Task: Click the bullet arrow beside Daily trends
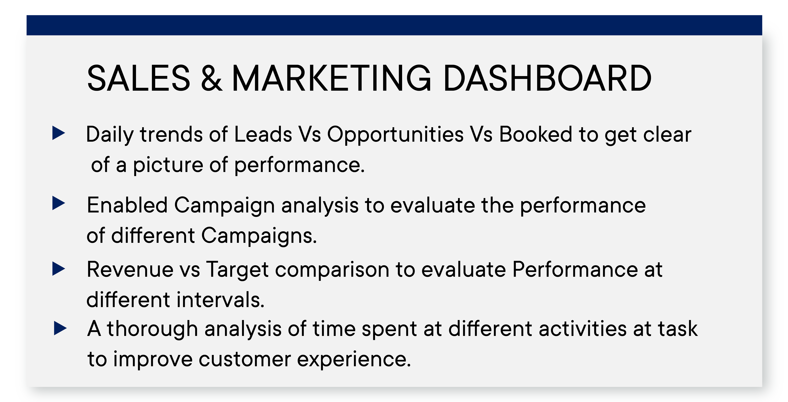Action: click(x=59, y=133)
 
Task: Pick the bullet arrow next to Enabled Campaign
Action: click(x=59, y=203)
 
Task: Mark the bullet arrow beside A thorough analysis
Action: click(x=60, y=328)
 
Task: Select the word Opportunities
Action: click(x=395, y=135)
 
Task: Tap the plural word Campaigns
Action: click(x=259, y=236)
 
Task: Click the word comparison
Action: click(x=332, y=270)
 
